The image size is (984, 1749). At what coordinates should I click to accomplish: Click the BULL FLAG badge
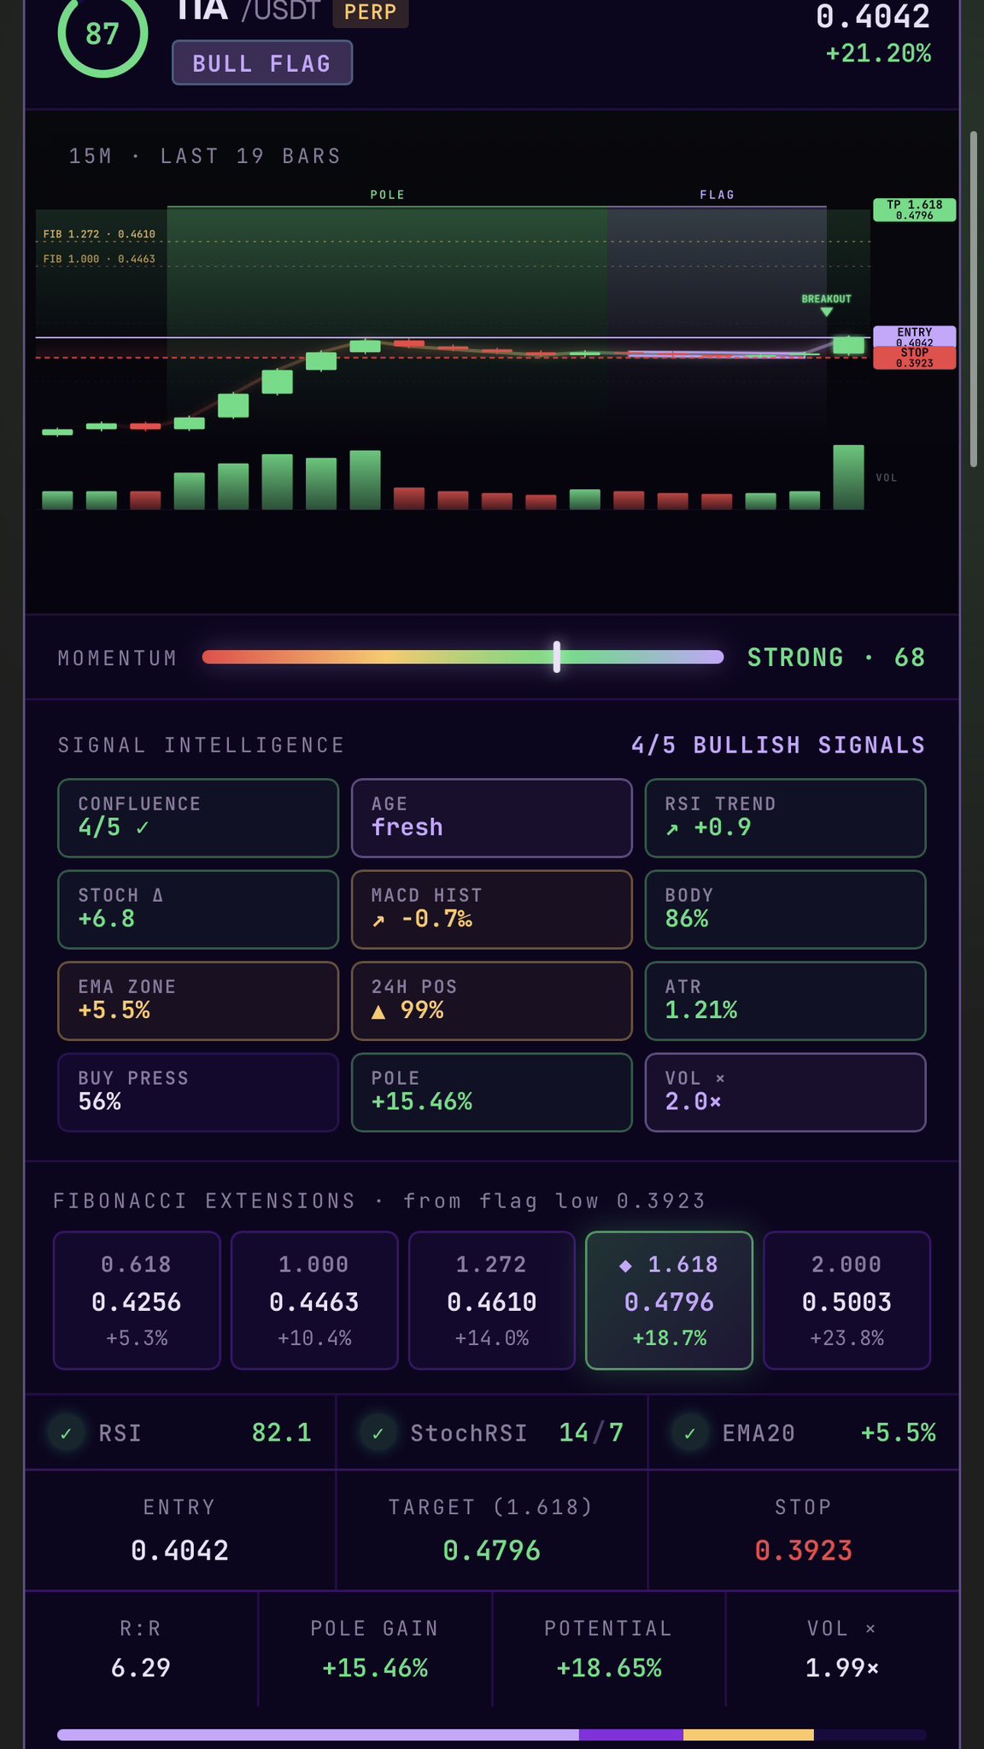262,63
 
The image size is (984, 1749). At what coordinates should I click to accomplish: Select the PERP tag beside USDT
371,13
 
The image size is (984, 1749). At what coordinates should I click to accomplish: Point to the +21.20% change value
878,54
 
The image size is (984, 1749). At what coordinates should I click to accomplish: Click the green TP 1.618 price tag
914,210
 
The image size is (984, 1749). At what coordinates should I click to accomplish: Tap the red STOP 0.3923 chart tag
914,359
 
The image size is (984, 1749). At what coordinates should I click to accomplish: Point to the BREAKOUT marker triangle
826,312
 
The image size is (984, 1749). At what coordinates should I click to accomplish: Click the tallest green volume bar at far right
848,477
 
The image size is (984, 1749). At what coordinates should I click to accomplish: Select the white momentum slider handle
557,658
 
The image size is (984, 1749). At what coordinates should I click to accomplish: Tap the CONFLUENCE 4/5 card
198,817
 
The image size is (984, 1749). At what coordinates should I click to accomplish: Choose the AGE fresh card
491,817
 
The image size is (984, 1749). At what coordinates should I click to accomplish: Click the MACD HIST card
491,909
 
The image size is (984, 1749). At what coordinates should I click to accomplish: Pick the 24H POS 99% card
491,1000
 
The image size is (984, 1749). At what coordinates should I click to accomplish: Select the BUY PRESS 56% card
198,1091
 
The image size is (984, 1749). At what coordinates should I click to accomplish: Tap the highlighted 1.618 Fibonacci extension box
669,1300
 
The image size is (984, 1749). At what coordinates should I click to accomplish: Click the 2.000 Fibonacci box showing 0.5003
846,1300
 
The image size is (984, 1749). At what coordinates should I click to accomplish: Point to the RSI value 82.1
281,1432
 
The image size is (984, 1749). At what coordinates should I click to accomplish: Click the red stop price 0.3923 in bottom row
803,1550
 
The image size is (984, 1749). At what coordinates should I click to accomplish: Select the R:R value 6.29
141,1667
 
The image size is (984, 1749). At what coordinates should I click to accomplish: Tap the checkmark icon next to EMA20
690,1433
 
